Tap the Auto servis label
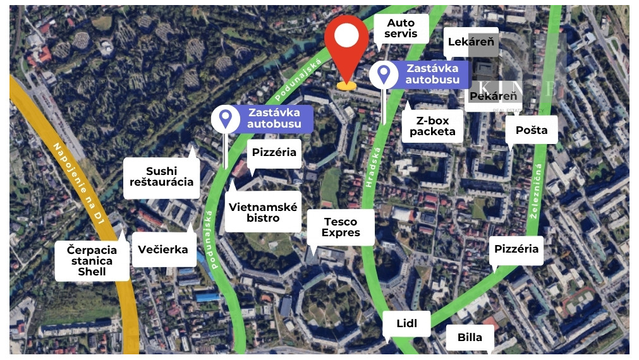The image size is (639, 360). pyautogui.click(x=401, y=28)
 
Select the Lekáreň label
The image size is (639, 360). pyautogui.click(x=470, y=42)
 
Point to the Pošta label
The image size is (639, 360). pyautogui.click(x=532, y=130)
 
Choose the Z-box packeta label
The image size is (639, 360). pyautogui.click(x=432, y=126)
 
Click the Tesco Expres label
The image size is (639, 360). pyautogui.click(x=340, y=227)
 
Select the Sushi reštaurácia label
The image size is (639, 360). pyautogui.click(x=162, y=177)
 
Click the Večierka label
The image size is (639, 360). pyautogui.click(x=163, y=249)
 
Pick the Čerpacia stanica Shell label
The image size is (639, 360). pyautogui.click(x=92, y=260)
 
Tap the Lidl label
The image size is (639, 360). pyautogui.click(x=406, y=324)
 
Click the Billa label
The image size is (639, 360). pyautogui.click(x=470, y=337)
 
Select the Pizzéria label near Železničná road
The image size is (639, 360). pyautogui.click(x=516, y=249)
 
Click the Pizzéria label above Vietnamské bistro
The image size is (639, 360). pyautogui.click(x=274, y=153)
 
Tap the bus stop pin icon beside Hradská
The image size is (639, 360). pyautogui.click(x=383, y=74)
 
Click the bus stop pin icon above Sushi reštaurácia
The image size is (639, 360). pyautogui.click(x=225, y=118)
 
